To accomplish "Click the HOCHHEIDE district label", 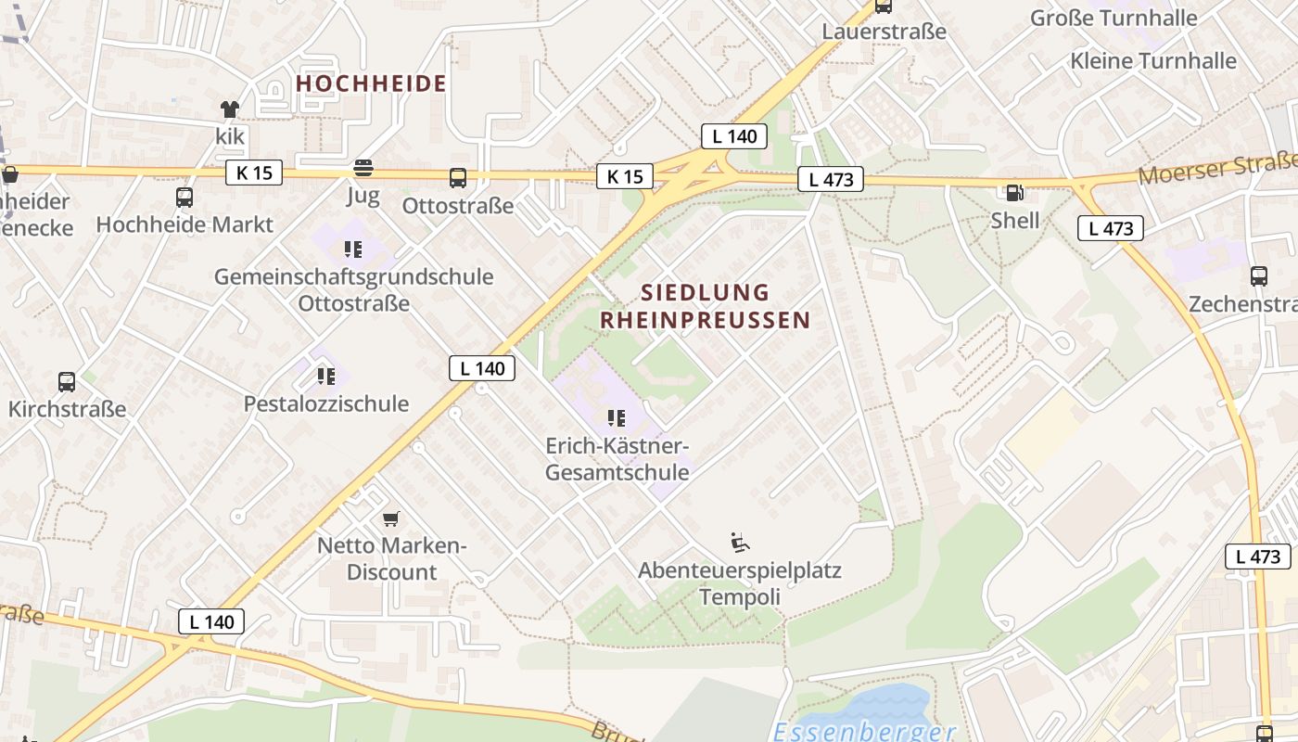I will click(x=371, y=83).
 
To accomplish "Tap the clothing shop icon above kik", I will click(x=230, y=109).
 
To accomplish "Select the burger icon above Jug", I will click(x=363, y=168).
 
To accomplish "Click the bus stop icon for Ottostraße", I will click(x=458, y=178).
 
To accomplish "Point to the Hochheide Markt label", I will click(x=185, y=224).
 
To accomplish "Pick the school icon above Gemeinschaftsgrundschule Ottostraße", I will click(x=352, y=249).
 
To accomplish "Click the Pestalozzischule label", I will click(x=326, y=403).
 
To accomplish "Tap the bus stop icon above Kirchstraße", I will click(x=67, y=381).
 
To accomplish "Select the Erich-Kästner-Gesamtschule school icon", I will click(x=617, y=418).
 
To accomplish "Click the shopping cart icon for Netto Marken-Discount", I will click(x=391, y=518).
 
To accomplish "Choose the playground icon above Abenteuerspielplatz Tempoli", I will click(x=740, y=543).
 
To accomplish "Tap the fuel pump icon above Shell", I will click(x=1015, y=193).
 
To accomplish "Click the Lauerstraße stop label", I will click(x=884, y=32).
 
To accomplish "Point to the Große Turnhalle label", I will click(x=1113, y=18).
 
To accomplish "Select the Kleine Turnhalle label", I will click(x=1152, y=61).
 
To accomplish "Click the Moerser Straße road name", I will click(x=1216, y=169).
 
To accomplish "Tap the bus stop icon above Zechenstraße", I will click(x=1258, y=275).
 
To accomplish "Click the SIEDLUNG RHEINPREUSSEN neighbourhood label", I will click(x=705, y=306).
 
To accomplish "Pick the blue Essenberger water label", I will click(x=864, y=732).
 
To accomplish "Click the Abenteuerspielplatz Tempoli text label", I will click(x=740, y=582).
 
